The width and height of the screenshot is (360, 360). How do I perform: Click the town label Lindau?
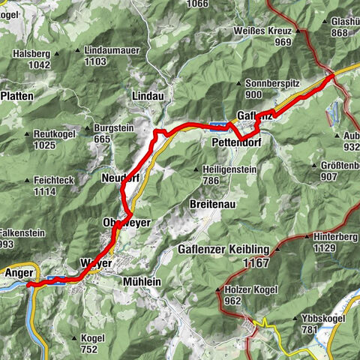pos(146,97)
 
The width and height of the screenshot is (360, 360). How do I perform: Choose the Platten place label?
pos(16,97)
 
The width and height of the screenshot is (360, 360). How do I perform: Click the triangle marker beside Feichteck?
pos(25,181)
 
